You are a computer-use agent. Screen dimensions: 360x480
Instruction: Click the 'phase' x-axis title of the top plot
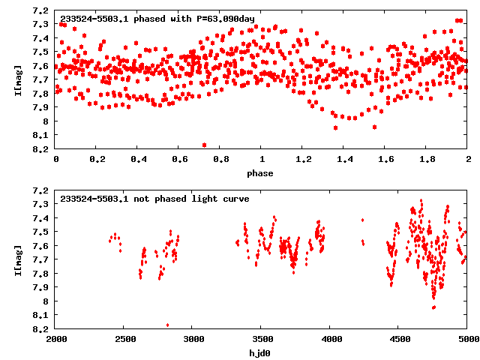click(x=262, y=172)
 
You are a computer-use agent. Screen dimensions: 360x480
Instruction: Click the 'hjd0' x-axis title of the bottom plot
click(x=262, y=352)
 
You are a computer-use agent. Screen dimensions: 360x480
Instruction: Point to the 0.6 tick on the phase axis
click(x=179, y=160)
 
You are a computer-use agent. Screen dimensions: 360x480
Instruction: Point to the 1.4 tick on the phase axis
click(x=344, y=160)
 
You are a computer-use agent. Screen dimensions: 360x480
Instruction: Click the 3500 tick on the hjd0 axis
click(x=262, y=340)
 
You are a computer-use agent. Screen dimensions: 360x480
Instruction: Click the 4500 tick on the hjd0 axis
click(x=399, y=340)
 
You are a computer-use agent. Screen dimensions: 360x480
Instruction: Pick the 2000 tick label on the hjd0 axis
click(x=56, y=340)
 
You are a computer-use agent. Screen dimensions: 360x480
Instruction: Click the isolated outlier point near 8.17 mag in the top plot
click(x=205, y=145)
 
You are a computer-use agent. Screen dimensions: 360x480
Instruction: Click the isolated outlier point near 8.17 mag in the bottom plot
click(x=167, y=325)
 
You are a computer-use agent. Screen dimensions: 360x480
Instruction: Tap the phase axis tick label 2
click(x=468, y=160)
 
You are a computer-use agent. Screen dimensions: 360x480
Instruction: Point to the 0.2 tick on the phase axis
click(x=97, y=160)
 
